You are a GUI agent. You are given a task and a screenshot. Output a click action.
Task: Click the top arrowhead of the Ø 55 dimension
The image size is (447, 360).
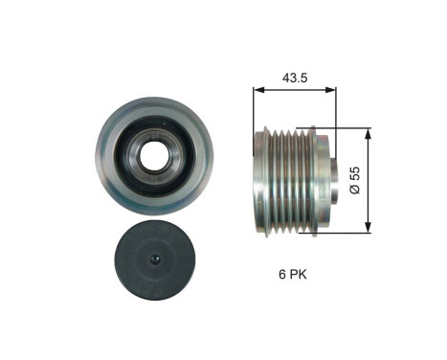click(x=369, y=128)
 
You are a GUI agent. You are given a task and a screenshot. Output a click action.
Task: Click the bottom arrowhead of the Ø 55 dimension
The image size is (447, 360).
click(x=369, y=229)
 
